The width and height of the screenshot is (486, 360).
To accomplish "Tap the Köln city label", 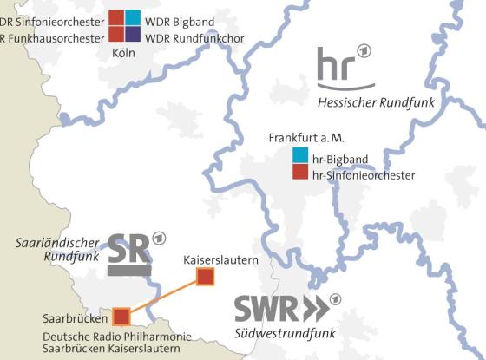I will (124, 53).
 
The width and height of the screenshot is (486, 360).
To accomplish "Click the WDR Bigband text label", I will (179, 19).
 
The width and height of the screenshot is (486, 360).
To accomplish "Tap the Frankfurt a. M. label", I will (306, 138).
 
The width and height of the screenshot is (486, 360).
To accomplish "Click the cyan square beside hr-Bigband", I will (300, 156).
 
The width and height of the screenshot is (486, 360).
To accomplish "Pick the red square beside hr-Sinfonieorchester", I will (300, 173).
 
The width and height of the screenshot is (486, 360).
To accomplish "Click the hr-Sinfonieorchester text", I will (364, 175).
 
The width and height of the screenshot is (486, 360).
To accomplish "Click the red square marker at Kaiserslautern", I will (205, 277).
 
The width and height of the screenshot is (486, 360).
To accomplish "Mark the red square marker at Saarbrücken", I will (121, 315).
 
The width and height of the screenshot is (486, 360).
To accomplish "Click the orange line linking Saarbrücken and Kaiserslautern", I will (163, 296).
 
